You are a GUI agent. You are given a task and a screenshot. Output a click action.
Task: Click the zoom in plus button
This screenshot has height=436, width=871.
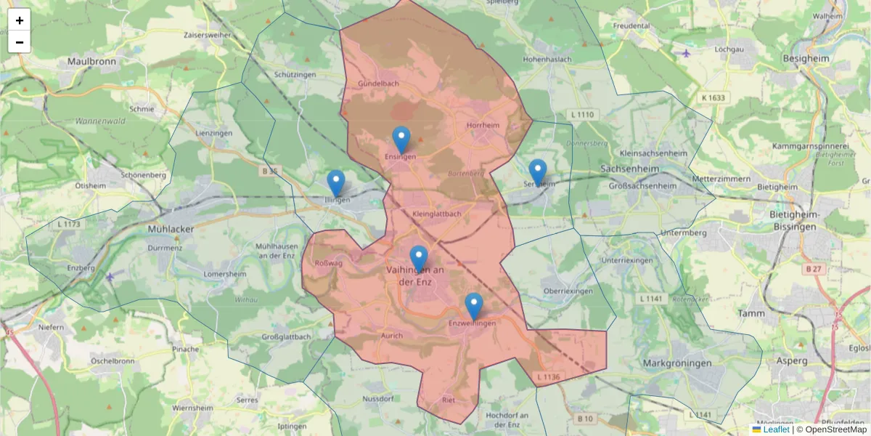tap(20, 20)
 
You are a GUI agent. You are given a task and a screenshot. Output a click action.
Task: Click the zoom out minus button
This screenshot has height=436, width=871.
tap(20, 42)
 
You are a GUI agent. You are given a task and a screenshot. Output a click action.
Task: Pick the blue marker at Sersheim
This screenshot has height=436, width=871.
tap(537, 172)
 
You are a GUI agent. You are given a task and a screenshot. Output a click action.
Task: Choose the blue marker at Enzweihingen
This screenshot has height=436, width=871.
tap(473, 306)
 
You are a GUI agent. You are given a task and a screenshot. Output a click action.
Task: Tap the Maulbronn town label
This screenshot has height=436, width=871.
tap(92, 62)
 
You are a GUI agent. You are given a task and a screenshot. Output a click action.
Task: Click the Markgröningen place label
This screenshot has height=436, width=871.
tap(677, 362)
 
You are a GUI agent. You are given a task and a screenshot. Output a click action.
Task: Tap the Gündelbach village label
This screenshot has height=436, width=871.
tap(378, 84)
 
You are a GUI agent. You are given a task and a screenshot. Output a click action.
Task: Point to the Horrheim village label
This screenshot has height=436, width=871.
tap(483, 125)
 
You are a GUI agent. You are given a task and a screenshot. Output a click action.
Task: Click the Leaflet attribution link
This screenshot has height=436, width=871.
tap(776, 429)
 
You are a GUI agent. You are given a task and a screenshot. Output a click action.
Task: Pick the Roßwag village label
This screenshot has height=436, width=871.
tap(329, 263)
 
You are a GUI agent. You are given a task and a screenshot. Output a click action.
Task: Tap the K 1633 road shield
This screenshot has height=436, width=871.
tap(713, 97)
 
